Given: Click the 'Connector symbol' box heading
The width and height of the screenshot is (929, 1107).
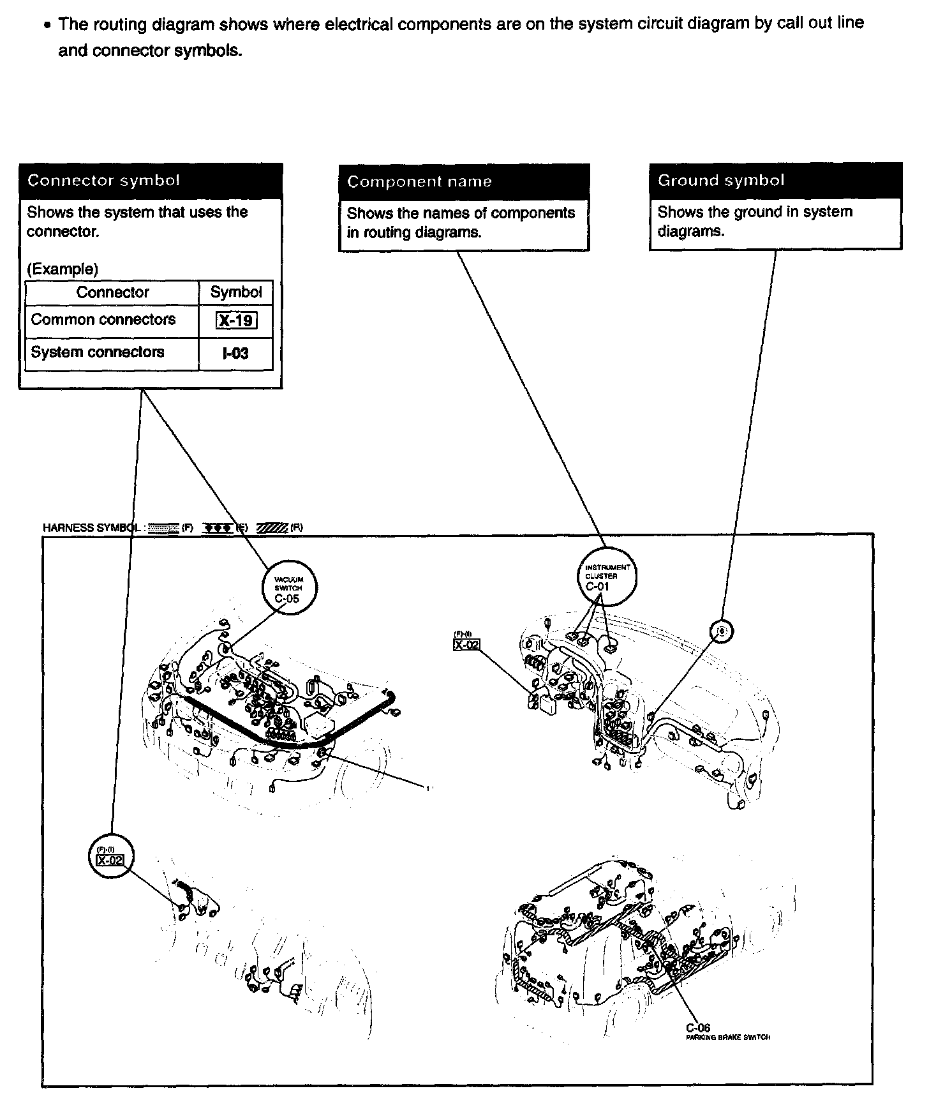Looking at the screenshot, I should click(103, 181).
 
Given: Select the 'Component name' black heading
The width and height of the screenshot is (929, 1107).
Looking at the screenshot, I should click(419, 182).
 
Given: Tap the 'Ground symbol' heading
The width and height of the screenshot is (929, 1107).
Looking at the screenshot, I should click(721, 181).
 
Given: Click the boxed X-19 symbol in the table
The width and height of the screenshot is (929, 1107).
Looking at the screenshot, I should click(236, 320).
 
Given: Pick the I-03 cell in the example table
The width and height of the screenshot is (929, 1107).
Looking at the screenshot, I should click(235, 353).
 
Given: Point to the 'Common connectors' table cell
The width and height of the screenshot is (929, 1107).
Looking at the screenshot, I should click(103, 319).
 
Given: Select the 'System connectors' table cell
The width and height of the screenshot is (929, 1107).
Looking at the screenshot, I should click(98, 352).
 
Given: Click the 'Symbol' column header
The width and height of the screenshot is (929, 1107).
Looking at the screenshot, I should click(236, 292).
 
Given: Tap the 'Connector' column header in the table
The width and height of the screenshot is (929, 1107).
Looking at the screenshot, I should click(112, 292).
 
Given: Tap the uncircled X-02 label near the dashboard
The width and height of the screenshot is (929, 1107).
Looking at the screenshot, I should click(466, 645).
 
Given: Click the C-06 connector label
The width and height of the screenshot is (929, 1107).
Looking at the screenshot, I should click(697, 1028).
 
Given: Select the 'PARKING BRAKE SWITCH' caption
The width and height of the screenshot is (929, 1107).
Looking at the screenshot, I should click(727, 1037).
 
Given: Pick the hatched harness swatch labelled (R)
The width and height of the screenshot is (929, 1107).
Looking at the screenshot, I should click(272, 528).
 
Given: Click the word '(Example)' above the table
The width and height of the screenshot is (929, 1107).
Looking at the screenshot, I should click(63, 269).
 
